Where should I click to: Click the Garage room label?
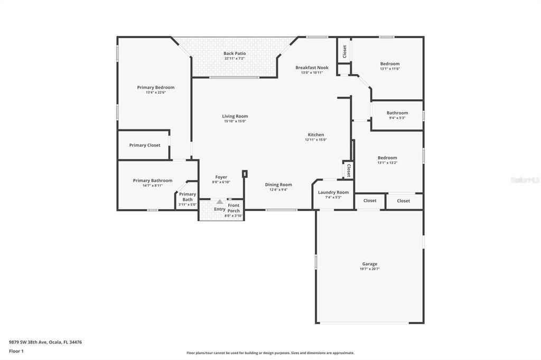pyautogui.click(x=369, y=264)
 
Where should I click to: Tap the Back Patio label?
pyautogui.click(x=235, y=53)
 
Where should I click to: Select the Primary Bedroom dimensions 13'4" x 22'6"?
pyautogui.click(x=155, y=92)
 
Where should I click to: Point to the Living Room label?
pyautogui.click(x=235, y=116)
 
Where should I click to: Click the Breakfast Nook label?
pyautogui.click(x=312, y=68)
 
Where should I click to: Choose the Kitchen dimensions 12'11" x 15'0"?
pyautogui.click(x=316, y=140)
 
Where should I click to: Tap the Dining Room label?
pyautogui.click(x=278, y=185)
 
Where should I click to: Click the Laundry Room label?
pyautogui.click(x=333, y=192)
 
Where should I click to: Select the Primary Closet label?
pyautogui.click(x=145, y=145)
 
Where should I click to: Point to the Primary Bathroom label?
pyautogui.click(x=152, y=181)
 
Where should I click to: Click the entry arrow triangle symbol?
pyautogui.click(x=220, y=202)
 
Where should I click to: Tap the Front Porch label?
pyautogui.click(x=234, y=208)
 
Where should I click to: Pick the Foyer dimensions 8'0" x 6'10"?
pyautogui.click(x=221, y=182)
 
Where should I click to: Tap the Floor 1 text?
pyautogui.click(x=16, y=351)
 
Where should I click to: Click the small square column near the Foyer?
pyautogui.click(x=245, y=173)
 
